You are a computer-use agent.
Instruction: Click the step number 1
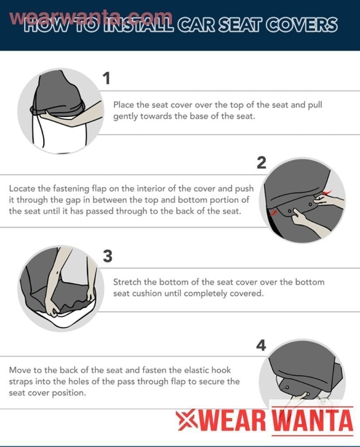(107, 78)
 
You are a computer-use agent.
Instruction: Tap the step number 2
(261, 162)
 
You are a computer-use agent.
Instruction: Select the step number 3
(107, 256)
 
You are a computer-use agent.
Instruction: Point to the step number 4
(261, 345)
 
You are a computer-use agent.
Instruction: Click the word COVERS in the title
(302, 25)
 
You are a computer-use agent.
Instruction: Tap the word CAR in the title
(196, 25)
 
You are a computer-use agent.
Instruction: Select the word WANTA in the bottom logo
(312, 420)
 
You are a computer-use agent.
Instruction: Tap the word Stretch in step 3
(127, 282)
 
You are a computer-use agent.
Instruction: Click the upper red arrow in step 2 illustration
(327, 193)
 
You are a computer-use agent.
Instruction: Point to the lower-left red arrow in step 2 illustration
(273, 213)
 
